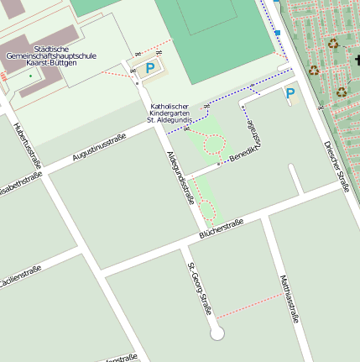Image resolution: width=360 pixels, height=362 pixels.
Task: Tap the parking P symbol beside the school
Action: (x=149, y=68)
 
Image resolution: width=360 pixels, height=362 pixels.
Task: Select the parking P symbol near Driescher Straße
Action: (x=290, y=93)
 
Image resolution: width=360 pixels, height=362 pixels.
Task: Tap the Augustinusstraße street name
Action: (x=99, y=147)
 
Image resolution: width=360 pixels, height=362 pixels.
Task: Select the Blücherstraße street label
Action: (x=222, y=228)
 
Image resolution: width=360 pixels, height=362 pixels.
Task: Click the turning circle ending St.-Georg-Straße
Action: (x=218, y=333)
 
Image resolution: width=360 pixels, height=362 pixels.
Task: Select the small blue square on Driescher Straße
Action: (x=277, y=33)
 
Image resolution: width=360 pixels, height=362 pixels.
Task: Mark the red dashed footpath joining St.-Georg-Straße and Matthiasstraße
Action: (x=249, y=307)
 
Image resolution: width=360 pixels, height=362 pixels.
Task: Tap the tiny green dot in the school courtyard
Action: (x=31, y=76)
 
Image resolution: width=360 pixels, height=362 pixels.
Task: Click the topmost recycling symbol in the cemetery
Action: (x=334, y=43)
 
